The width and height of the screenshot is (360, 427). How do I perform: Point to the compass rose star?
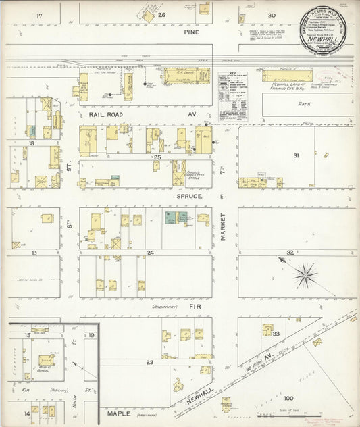[x=305, y=274]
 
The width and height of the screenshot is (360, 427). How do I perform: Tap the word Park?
[x=303, y=104]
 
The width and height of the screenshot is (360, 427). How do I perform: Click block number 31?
[x=295, y=156]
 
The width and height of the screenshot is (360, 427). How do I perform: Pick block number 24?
[x=151, y=253]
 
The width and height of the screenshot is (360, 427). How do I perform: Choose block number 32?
[x=290, y=252]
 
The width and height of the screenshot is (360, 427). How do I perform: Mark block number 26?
[x=162, y=15]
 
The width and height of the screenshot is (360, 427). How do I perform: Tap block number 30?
[x=272, y=15]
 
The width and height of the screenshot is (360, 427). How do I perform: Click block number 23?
[x=150, y=363]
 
